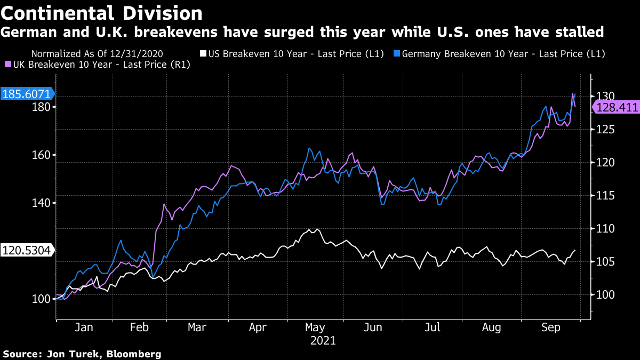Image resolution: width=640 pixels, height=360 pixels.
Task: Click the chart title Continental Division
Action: point(101,13)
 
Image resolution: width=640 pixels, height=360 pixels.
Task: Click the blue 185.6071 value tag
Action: point(27,94)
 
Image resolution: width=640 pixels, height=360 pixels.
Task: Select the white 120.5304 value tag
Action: point(26,251)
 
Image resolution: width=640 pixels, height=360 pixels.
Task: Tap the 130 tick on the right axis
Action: point(606,96)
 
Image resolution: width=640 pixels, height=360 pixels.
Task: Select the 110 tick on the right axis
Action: point(606,229)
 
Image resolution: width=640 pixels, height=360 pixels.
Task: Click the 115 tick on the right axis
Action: point(606,196)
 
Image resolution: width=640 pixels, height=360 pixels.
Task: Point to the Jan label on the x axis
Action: point(84,327)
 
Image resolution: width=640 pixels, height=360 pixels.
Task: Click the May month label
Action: point(316,327)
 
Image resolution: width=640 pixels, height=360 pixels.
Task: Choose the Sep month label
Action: point(551,327)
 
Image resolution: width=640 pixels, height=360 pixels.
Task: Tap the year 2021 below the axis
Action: point(323,340)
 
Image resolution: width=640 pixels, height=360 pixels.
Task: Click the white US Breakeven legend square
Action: point(203,54)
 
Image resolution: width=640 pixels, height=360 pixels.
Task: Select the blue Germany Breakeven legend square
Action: point(396,54)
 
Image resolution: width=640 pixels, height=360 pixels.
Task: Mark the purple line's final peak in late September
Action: point(573,94)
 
